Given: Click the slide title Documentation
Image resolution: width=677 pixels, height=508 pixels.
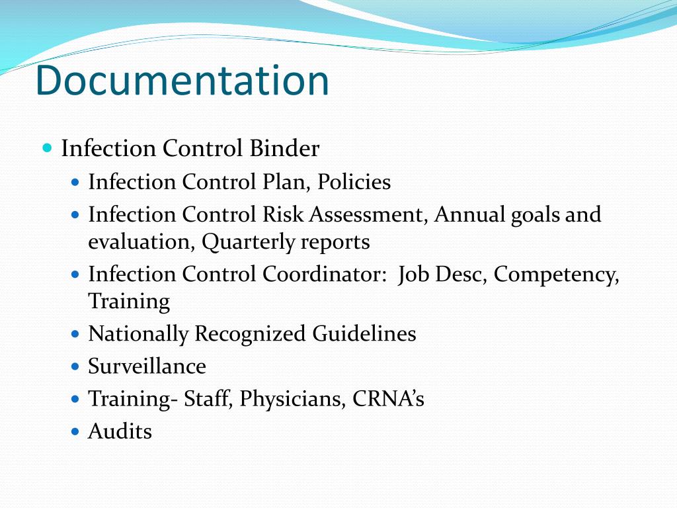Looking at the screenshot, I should point(182,81).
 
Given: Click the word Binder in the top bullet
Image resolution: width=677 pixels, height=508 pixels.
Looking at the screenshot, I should point(284,149).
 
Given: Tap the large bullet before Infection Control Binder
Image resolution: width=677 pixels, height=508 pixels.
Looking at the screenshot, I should point(46,148).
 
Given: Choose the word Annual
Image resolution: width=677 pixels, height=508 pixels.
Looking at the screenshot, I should point(470,215).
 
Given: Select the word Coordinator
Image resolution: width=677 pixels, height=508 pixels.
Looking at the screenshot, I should point(325,275).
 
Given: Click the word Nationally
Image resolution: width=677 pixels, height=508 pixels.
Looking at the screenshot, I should point(138,333).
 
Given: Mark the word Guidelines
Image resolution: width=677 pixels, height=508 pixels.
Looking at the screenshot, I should point(364,333).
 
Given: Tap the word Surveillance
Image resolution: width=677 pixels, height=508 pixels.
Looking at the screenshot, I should point(147,366).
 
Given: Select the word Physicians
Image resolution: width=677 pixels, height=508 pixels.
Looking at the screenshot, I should point(290,399).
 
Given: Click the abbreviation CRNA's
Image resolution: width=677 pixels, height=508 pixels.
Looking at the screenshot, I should point(388,399).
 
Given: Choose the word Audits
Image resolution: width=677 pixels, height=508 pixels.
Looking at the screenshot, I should point(120,432).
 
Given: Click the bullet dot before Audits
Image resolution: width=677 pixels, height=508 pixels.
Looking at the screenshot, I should point(75,432).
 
